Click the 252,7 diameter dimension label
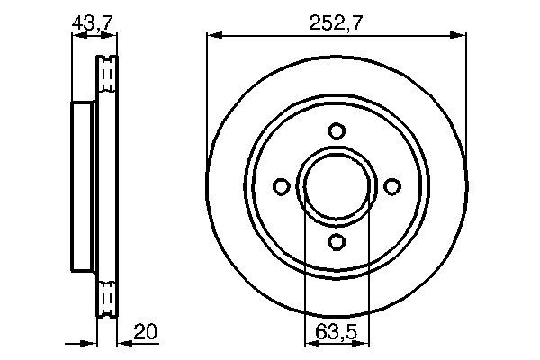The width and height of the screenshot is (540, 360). [x=336, y=23]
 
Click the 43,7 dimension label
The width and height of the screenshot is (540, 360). [x=92, y=23]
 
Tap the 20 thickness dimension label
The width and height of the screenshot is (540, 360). [x=145, y=331]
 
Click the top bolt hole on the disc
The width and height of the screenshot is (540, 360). [x=337, y=130]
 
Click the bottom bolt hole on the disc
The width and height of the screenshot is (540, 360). [x=337, y=241]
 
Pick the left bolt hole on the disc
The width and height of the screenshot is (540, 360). [x=282, y=186]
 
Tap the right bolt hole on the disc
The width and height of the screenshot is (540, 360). [x=391, y=186]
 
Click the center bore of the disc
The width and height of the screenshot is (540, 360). [x=337, y=186]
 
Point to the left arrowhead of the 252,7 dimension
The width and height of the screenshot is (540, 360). [x=214, y=35]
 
